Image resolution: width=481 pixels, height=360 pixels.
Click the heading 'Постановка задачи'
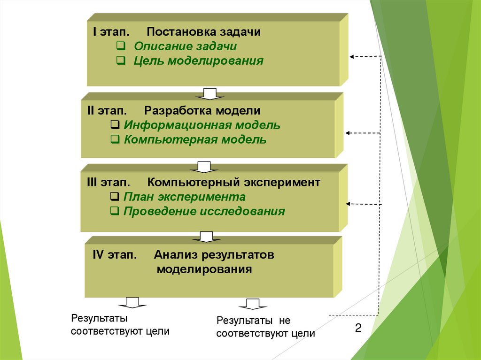[x=203, y=32]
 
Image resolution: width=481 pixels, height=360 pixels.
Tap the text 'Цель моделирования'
[x=198, y=61]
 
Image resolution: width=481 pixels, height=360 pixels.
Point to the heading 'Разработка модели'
[x=202, y=111]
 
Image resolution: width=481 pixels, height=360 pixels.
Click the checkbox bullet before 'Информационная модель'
[x=115, y=125]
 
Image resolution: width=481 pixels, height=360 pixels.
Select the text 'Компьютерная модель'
[x=195, y=139]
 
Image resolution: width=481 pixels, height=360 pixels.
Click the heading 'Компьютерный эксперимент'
[x=233, y=183]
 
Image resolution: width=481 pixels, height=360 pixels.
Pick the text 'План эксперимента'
[x=184, y=197]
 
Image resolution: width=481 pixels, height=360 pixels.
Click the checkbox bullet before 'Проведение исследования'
[x=114, y=211]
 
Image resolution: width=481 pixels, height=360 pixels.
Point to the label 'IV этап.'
[x=115, y=256]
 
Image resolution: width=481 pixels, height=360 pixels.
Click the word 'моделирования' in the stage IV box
[x=204, y=270]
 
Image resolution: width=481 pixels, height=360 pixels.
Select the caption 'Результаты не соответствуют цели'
[x=265, y=327]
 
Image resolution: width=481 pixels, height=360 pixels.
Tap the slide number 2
[x=358, y=328]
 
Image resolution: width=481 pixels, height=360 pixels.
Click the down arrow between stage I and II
[x=209, y=93]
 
